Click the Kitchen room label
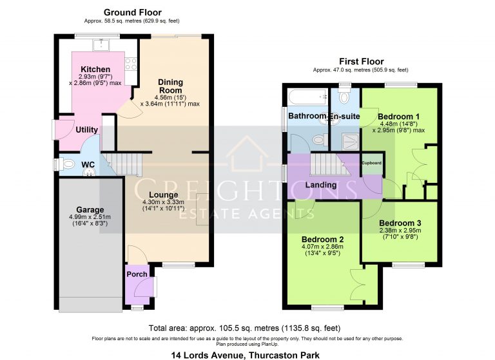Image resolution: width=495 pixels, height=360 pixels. pos(95,70)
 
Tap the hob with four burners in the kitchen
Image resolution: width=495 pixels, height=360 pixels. pos(130,64)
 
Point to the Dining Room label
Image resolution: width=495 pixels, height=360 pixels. pos(170,86)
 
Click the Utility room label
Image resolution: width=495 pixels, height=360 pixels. pos(87,130)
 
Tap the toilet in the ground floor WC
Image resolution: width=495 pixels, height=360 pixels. pos(68,164)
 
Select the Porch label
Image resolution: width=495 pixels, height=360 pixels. pos(136,274)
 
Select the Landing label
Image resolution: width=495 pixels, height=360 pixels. pos(321,185)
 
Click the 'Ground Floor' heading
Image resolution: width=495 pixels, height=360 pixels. pos(132,12)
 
